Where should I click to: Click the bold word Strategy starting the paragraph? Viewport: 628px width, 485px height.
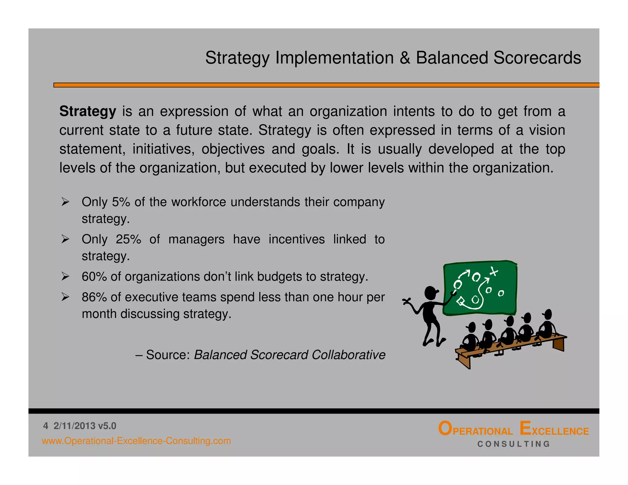coord(88,112)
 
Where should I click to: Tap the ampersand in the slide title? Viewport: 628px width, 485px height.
coord(405,58)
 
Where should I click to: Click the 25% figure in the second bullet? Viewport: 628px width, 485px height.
coord(128,239)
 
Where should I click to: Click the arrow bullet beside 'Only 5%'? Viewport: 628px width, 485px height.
coord(65,202)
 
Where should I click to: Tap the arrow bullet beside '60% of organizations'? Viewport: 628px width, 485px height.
coord(65,276)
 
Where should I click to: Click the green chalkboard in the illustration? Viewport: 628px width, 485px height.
coord(480,288)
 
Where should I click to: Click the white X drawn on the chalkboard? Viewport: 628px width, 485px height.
coord(493,271)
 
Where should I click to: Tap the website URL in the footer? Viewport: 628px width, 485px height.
coord(136,441)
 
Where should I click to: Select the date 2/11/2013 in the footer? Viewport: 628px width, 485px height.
coord(75,426)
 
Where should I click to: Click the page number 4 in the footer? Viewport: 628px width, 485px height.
coord(46,426)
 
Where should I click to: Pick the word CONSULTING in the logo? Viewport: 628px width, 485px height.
coord(514,444)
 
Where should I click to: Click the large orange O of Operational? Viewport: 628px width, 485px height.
coord(445,428)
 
